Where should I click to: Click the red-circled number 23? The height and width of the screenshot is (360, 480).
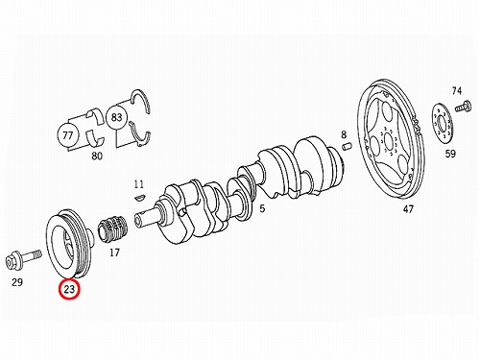pos(69,289)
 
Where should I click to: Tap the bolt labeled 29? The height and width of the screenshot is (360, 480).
pos(23,258)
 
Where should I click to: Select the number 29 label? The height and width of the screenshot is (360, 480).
pos(17,282)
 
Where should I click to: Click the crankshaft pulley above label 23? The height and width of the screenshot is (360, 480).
pos(69,245)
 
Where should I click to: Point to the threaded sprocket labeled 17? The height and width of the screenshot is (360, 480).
pos(114,229)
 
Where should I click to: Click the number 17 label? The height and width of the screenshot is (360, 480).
pos(114,252)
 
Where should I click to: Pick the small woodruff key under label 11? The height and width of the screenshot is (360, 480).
pos(140,197)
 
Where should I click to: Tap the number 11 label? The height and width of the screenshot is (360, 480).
pos(139,184)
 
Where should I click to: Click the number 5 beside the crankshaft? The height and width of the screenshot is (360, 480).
pos(262,208)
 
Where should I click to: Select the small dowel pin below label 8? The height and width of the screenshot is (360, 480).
pos(347,146)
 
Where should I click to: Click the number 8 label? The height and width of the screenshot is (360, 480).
pos(344,134)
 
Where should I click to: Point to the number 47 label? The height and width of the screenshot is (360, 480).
pos(408,209)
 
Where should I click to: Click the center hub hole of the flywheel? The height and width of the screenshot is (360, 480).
pos(389,141)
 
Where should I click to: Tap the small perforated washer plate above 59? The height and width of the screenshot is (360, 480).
pos(443,123)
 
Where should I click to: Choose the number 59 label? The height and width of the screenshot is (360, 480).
pos(450,154)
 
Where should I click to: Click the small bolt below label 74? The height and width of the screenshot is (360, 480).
pos(464,106)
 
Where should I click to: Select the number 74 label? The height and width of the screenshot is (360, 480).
pos(457,91)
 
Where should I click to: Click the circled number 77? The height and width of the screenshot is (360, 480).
pos(68,135)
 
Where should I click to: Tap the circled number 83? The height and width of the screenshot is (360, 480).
pos(116,117)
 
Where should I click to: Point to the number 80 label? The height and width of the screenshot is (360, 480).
pos(97,156)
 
